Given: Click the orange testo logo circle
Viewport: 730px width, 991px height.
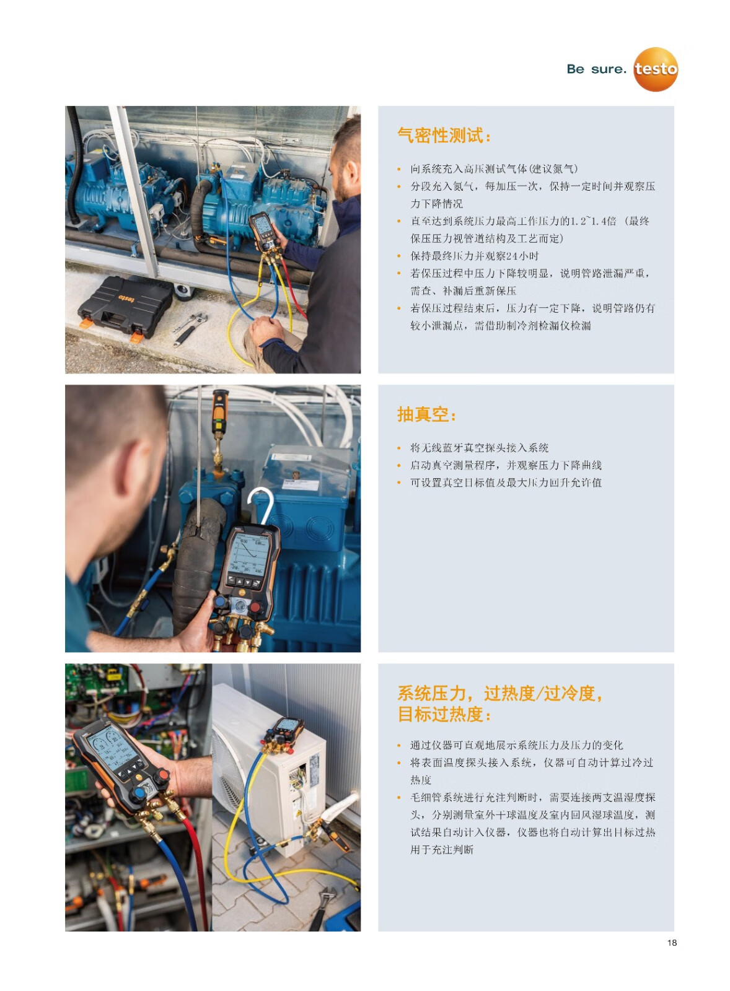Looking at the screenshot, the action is [656, 69].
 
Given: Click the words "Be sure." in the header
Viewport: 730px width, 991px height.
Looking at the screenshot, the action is [596, 69].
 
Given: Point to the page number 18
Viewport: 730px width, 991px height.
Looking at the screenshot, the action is [672, 943].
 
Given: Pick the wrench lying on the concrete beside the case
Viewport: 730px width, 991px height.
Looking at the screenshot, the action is [189, 328].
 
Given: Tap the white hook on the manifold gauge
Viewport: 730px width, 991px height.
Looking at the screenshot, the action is [262, 504].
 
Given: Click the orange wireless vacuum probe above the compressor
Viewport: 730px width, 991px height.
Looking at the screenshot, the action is [219, 411].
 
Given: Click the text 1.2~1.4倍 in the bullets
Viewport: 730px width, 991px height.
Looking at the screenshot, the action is [592, 221].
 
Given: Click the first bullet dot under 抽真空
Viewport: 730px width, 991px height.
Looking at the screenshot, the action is [399, 448].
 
